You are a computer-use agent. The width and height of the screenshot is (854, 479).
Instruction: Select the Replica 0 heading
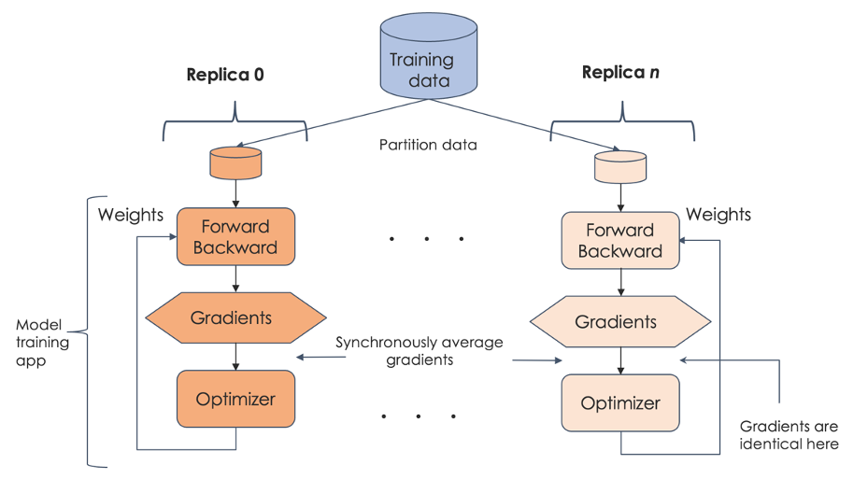225,74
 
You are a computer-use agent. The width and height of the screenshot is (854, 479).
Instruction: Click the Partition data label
428,145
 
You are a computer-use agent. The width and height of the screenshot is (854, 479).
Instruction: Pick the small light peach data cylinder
620,166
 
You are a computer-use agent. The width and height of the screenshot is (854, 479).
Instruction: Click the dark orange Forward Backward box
235,237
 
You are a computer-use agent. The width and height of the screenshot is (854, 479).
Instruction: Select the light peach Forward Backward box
620,241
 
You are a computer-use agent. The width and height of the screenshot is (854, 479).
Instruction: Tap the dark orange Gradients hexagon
234,318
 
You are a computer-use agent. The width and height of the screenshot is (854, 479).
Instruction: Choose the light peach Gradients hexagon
619,322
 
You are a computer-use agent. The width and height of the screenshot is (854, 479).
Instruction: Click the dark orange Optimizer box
235,399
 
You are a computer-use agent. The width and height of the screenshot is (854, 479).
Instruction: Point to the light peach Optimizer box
620,403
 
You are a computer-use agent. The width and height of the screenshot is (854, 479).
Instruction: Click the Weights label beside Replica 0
131,216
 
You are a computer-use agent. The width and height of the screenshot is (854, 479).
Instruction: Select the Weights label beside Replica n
718,215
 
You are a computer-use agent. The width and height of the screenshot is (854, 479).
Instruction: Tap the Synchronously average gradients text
420,351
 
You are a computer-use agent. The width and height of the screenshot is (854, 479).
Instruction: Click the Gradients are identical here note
789,435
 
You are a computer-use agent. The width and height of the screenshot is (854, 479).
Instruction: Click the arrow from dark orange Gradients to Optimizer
235,357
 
